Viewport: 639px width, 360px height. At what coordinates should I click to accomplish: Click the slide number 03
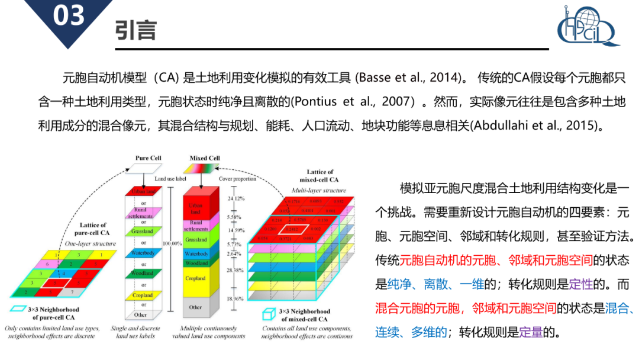pyautogui.click(x=69, y=16)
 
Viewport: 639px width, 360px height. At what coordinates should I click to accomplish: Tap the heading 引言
pyautogui.click(x=135, y=30)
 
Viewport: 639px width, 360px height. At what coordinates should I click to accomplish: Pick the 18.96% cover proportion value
pyautogui.click(x=235, y=299)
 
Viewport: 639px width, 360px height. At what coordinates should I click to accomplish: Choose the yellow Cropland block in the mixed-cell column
pyautogui.click(x=195, y=278)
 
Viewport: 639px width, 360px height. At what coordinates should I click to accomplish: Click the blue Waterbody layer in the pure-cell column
pyautogui.click(x=143, y=253)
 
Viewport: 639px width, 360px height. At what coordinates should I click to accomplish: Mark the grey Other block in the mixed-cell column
pyautogui.click(x=195, y=307)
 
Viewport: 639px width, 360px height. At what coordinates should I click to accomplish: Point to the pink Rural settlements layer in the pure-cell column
pyautogui.click(x=143, y=212)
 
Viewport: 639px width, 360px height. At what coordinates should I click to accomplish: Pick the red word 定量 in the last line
pyautogui.click(x=531, y=332)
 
